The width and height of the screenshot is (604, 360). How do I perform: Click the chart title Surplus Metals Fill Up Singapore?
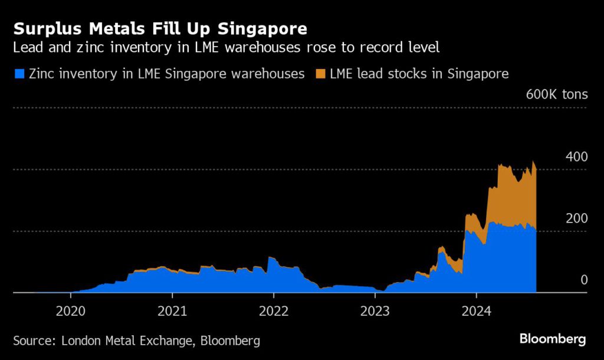(160, 28)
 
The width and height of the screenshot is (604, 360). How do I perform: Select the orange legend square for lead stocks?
(320, 74)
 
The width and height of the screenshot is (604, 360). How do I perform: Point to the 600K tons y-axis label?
(556, 94)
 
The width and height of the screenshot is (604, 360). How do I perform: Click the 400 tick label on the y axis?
(576, 157)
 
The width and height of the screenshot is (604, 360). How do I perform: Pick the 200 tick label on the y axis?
(576, 218)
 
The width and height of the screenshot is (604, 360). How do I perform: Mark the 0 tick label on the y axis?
(584, 280)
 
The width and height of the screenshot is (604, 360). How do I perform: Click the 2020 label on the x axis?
(70, 310)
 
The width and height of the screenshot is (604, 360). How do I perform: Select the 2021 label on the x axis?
(172, 310)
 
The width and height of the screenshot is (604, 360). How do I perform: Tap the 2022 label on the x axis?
(273, 310)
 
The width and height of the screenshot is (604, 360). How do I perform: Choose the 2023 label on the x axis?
(375, 310)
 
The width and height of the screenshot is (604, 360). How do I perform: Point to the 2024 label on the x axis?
(476, 310)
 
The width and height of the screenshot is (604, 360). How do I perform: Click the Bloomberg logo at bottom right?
(552, 339)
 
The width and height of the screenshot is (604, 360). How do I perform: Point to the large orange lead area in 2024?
(510, 195)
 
